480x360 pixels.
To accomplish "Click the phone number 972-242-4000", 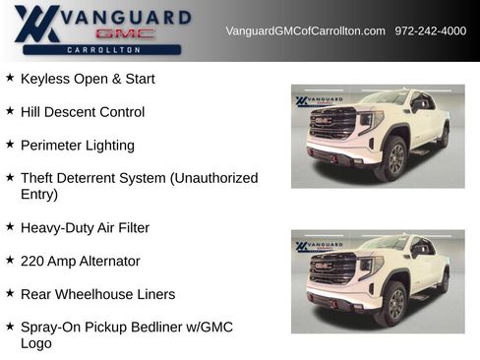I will click(430, 31).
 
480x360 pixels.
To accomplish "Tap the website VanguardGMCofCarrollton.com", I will click(305, 31).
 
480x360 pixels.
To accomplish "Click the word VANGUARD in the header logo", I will click(126, 17).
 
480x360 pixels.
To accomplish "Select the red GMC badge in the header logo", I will click(125, 33).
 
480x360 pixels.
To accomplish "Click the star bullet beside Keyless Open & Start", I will click(10, 78).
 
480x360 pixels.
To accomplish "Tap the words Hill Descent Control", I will click(83, 112).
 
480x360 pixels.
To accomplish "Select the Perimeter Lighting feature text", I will click(78, 146).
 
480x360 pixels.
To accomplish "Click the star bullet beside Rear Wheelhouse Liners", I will click(10, 293).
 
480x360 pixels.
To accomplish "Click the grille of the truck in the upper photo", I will click(331, 124).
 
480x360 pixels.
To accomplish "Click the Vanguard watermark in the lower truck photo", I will click(320, 247).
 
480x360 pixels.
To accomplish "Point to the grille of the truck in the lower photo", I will click(331, 269).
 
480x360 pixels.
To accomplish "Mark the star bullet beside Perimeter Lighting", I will click(10, 145).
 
